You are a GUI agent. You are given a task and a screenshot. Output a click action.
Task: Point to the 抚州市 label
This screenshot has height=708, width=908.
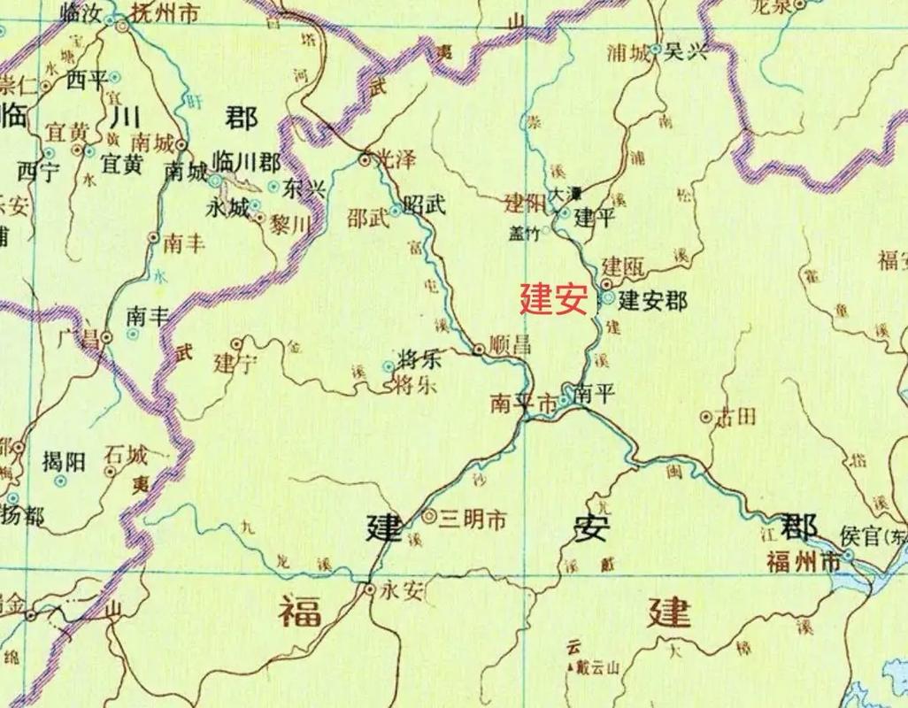[165, 12]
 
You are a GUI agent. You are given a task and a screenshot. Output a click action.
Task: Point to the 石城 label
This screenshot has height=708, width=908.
[125, 457]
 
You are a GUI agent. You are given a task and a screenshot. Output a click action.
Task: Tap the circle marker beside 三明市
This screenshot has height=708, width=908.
[429, 515]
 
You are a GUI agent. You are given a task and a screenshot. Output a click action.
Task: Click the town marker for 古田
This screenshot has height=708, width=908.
[706, 416]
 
